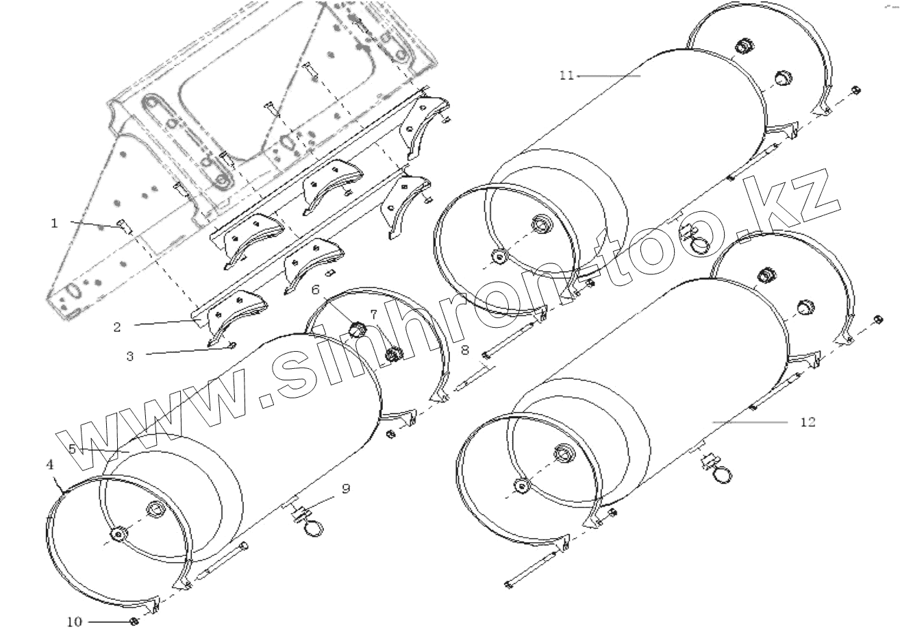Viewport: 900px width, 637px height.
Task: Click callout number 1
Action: tap(55, 224)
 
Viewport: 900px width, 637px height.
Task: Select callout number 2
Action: tap(117, 328)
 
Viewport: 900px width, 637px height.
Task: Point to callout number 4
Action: tap(49, 465)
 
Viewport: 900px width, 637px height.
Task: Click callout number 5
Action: tap(73, 449)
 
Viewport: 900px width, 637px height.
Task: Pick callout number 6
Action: tap(315, 290)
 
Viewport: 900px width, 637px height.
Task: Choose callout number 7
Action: tap(374, 314)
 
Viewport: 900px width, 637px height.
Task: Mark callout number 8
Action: tap(465, 350)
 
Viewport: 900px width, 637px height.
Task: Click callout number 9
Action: tap(346, 488)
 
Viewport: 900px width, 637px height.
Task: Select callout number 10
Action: tap(74, 622)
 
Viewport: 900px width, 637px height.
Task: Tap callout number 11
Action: tap(566, 75)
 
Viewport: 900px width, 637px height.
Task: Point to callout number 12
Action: tap(808, 422)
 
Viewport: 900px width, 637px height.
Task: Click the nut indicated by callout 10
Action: tap(134, 621)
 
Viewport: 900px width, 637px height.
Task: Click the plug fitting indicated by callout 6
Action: tap(357, 329)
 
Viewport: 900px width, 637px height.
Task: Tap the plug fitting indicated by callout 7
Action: tap(393, 354)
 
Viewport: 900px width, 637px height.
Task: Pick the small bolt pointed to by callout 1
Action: tap(123, 226)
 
